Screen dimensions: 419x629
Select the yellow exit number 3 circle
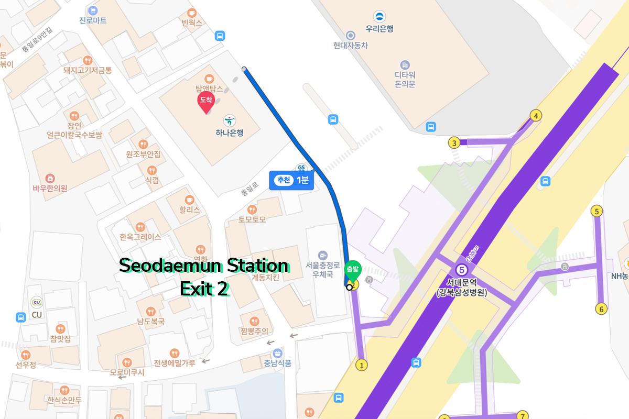click(x=454, y=142)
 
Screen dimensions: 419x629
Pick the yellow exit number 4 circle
click(x=535, y=116)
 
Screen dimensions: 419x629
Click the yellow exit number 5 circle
click(x=597, y=211)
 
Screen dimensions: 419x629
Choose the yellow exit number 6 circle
click(x=601, y=309)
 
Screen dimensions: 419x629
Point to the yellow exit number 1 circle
click(x=361, y=365)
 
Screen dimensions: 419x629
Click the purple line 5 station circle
click(x=462, y=270)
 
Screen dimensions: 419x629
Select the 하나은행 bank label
click(x=230, y=133)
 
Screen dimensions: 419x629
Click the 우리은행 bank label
click(x=379, y=29)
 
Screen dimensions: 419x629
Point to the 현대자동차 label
click(x=350, y=46)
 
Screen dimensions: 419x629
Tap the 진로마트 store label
click(x=93, y=20)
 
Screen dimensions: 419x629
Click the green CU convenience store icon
click(x=37, y=302)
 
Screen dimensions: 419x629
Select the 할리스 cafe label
click(x=190, y=210)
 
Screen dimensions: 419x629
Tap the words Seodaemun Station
click(x=203, y=265)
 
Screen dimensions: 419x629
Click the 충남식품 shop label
click(x=277, y=362)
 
